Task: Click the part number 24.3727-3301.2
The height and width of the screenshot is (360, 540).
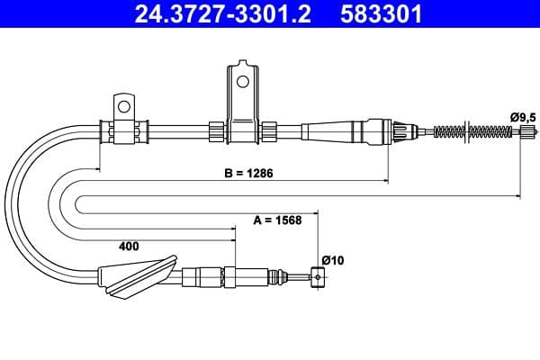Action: tap(222, 13)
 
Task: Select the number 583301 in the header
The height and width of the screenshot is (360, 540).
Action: tap(382, 13)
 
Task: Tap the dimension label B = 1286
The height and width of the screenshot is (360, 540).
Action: tap(248, 173)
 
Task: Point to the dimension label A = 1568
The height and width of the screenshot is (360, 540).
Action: tap(277, 220)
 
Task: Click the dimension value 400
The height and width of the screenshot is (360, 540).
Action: tap(129, 246)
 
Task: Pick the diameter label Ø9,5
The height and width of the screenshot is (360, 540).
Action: tap(523, 118)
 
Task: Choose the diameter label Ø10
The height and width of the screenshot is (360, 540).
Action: tap(333, 260)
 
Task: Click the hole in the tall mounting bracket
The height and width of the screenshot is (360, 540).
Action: tap(243, 82)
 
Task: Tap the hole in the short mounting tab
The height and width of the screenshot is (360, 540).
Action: tap(124, 106)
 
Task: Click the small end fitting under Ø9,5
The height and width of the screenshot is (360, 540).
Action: tap(528, 131)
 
